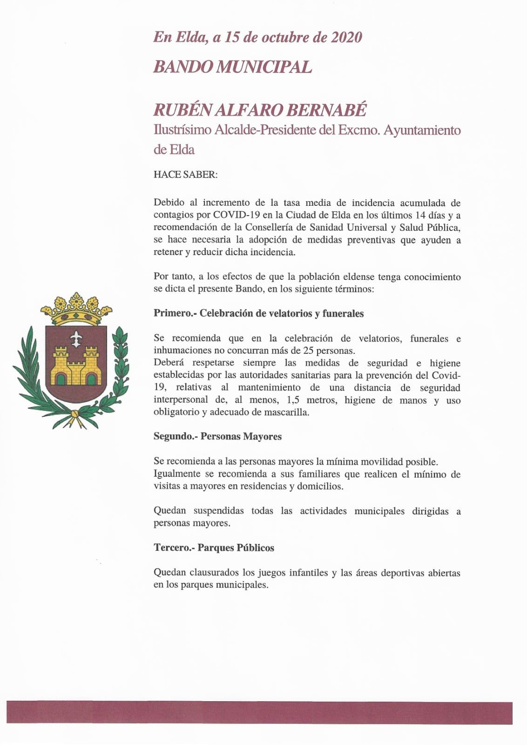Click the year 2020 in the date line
pos(346,37)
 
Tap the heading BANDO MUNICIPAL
pos(232,67)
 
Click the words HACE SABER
pos(185,175)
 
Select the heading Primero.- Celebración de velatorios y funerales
pos(258,313)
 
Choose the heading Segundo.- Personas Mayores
pos(217,436)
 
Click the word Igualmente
pos(177,474)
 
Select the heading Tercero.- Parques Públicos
pos(214,548)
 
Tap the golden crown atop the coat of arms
pos(76,308)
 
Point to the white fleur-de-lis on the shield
pos(75,339)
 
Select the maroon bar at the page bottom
pos(259,713)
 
